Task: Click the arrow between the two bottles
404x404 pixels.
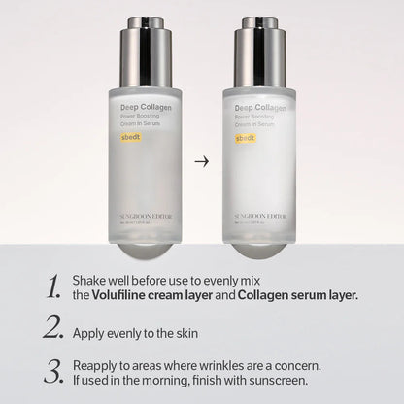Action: (201, 161)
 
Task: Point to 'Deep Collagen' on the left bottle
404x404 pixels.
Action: (143, 110)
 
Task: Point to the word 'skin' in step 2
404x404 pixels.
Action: (184, 333)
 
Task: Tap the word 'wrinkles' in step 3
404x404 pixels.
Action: (215, 366)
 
